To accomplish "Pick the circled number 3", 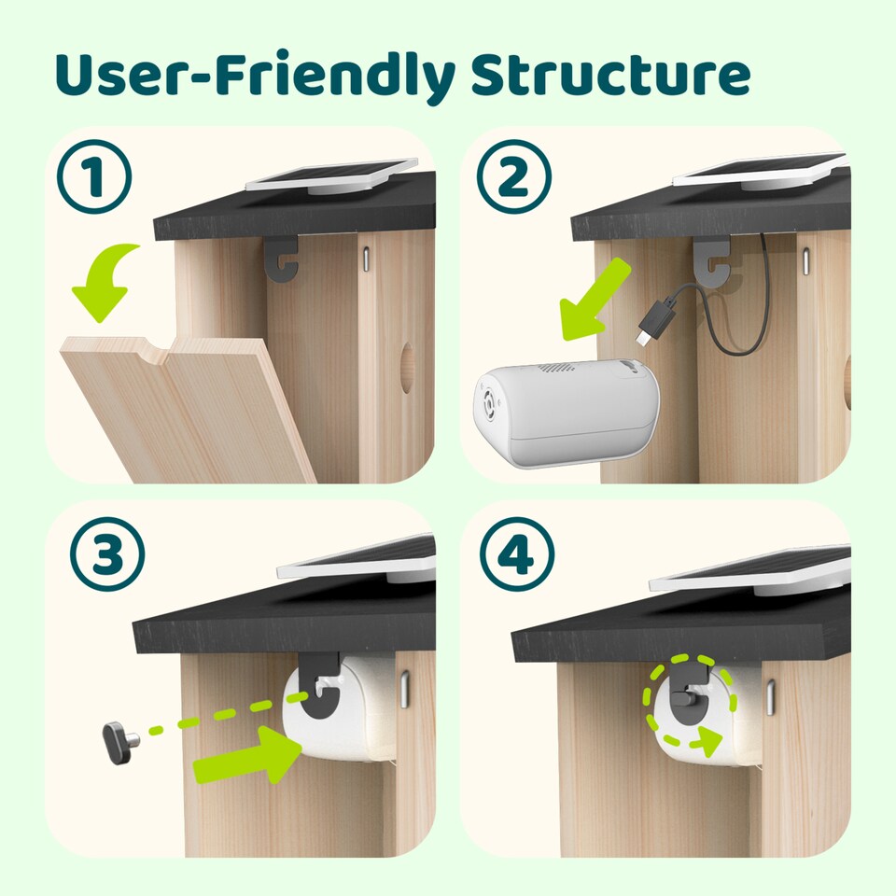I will pyautogui.click(x=107, y=556).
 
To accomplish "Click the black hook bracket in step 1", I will pyautogui.click(x=281, y=259).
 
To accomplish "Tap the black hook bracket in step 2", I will pyautogui.click(x=711, y=261).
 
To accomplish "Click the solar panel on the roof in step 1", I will pyautogui.click(x=331, y=175).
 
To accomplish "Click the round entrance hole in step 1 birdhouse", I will pyautogui.click(x=407, y=359).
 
